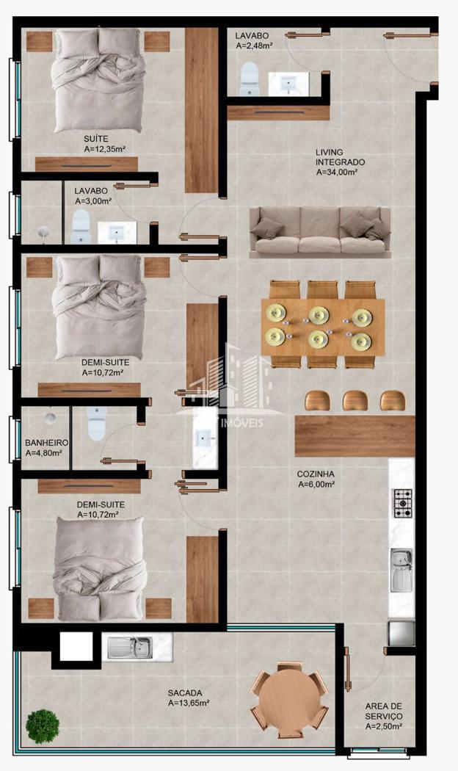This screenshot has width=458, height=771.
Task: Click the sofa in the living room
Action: click(320, 232)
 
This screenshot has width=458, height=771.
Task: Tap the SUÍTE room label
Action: click(96, 140)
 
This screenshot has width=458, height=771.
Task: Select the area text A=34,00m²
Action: click(337, 172)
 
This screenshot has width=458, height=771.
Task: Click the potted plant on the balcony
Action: click(43, 725)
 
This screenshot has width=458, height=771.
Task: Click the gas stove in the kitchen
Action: click(402, 503)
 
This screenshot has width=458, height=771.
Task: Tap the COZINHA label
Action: click(316, 474)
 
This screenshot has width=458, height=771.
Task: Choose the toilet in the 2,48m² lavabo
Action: click(249, 79)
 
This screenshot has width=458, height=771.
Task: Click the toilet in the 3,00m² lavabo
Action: click(81, 227)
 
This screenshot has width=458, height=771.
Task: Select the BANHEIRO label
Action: click(46, 443)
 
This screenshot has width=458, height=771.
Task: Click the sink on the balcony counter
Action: click(130, 647)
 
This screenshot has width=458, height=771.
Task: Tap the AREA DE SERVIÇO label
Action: click(384, 711)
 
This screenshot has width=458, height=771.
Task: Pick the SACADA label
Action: click(184, 693)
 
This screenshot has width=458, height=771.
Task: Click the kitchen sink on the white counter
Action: click(402, 571)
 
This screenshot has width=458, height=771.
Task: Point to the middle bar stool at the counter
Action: click(355, 401)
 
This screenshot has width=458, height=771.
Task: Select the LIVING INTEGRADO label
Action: click(340, 157)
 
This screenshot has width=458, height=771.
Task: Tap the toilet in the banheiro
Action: click(96, 423)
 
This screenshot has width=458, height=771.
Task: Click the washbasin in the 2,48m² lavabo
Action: click(288, 84)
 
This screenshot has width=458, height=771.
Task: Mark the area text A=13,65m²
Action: click(189, 703)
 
